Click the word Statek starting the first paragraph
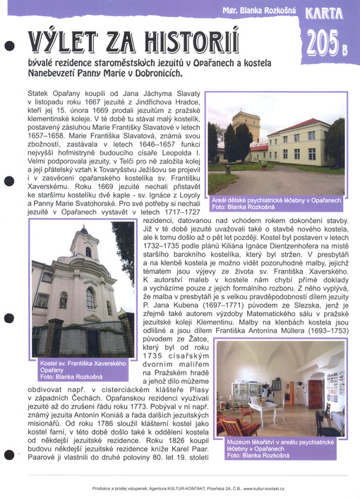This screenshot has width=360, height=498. (39, 93)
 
